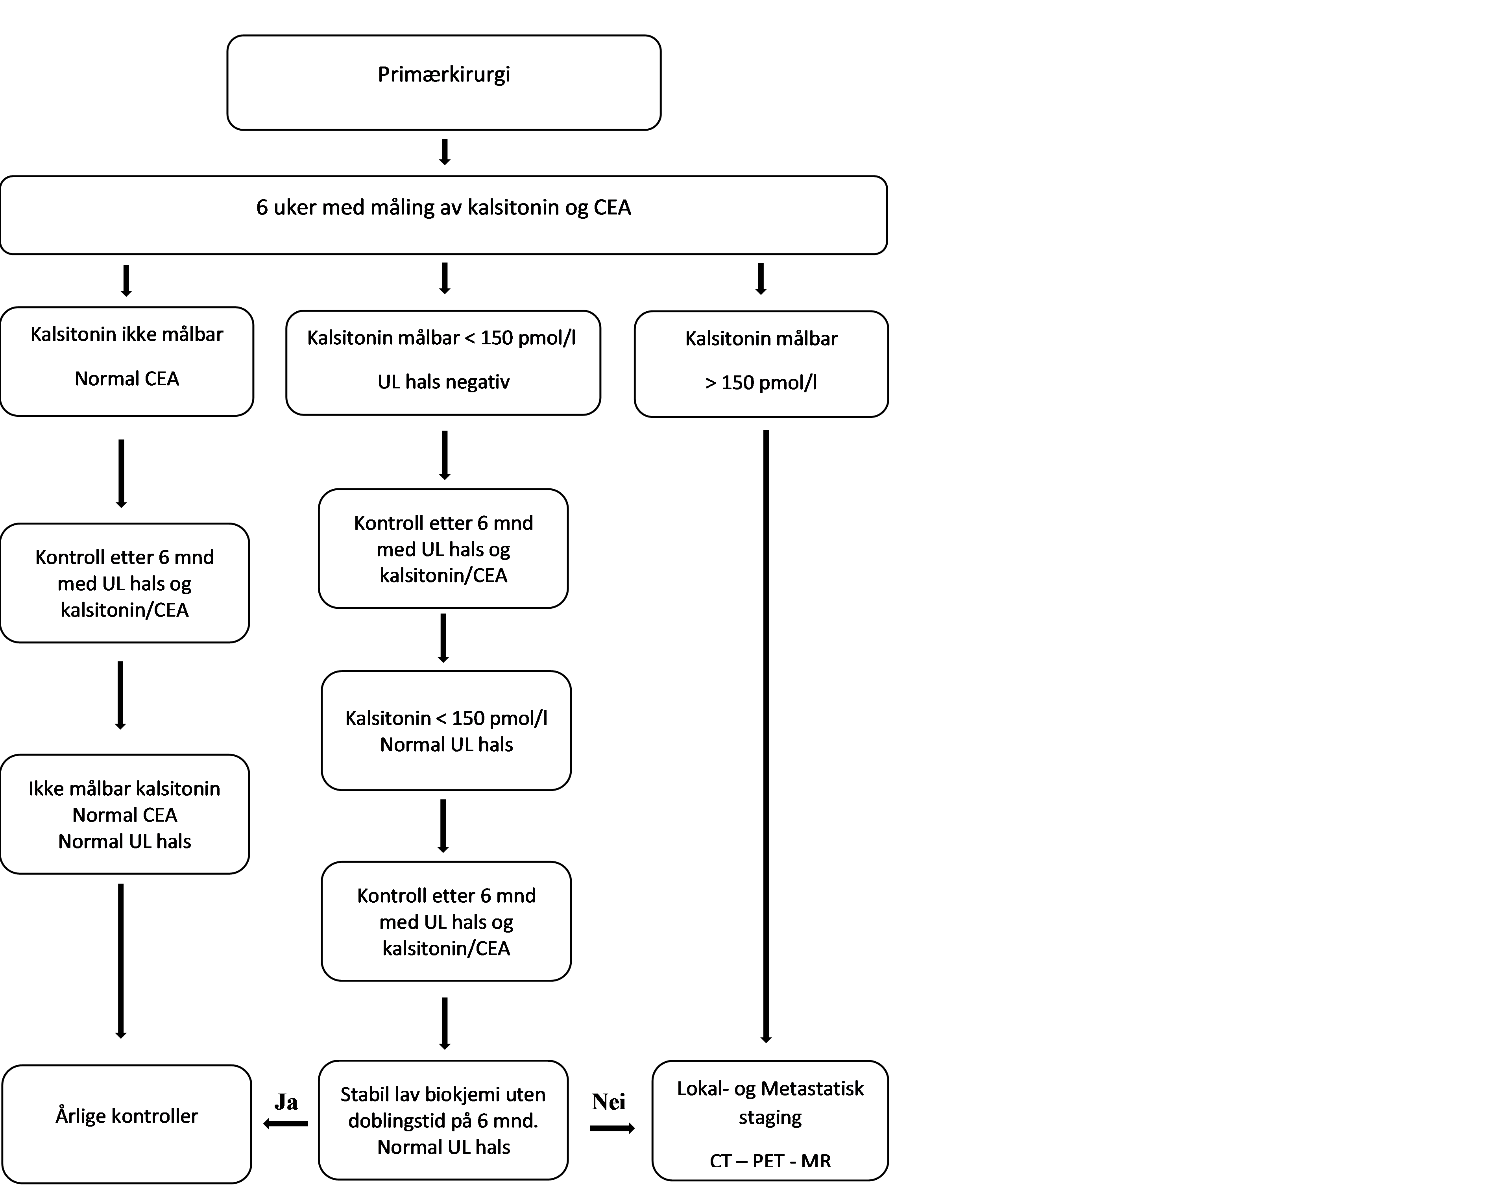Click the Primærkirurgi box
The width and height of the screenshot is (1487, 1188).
pyautogui.click(x=443, y=82)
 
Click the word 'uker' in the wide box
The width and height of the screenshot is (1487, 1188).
pyautogui.click(x=295, y=208)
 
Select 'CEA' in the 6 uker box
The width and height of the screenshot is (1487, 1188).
pyautogui.click(x=612, y=208)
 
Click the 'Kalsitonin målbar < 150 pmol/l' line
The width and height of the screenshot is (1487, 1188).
pyautogui.click(x=441, y=338)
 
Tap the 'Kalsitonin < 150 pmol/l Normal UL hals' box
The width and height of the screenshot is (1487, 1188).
pyautogui.click(x=446, y=731)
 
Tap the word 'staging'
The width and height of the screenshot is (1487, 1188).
pyautogui.click(x=770, y=1117)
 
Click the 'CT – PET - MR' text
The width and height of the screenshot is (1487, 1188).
pyautogui.click(x=770, y=1160)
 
